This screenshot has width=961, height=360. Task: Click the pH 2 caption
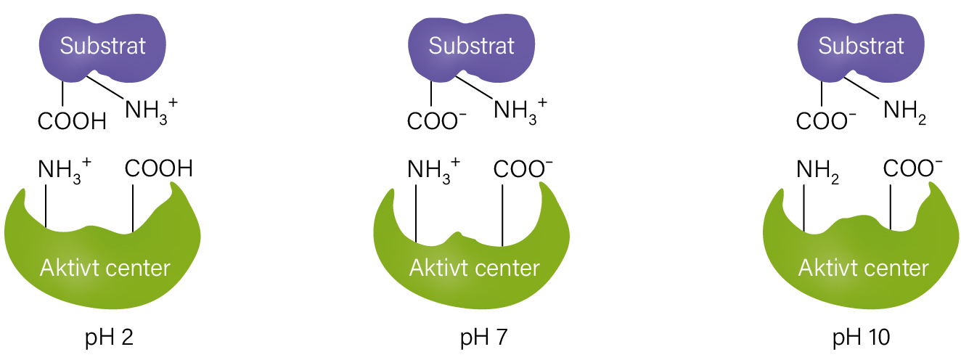tap(110, 338)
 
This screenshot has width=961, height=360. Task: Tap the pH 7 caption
tap(484, 338)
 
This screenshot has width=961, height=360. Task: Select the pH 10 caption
tap(862, 338)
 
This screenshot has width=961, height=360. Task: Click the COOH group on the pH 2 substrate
tap(72, 121)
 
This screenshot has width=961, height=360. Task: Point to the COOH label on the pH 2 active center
tap(159, 168)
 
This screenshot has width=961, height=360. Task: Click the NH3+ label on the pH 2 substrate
tap(151, 111)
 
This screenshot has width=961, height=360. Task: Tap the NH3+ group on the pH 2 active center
tap(65, 171)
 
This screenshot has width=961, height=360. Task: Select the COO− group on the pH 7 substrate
tap(437, 120)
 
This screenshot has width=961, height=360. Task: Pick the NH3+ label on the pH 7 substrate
tap(520, 111)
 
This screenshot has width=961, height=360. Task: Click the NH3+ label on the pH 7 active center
tap(434, 171)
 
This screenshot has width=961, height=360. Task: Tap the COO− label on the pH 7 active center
tap(523, 168)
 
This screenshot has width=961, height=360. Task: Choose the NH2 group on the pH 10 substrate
tap(905, 112)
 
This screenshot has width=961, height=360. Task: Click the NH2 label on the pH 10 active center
tap(818, 171)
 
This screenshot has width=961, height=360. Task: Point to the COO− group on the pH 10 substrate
tap(826, 120)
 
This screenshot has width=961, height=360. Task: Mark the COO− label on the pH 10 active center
tap(913, 168)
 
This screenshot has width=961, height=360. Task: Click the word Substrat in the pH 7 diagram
tap(472, 46)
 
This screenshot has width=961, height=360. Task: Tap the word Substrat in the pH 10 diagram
tap(861, 46)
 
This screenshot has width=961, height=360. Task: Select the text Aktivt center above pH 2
tap(105, 268)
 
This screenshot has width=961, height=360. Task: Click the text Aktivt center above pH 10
tap(863, 268)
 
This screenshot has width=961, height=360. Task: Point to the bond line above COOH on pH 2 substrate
tap(63, 94)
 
